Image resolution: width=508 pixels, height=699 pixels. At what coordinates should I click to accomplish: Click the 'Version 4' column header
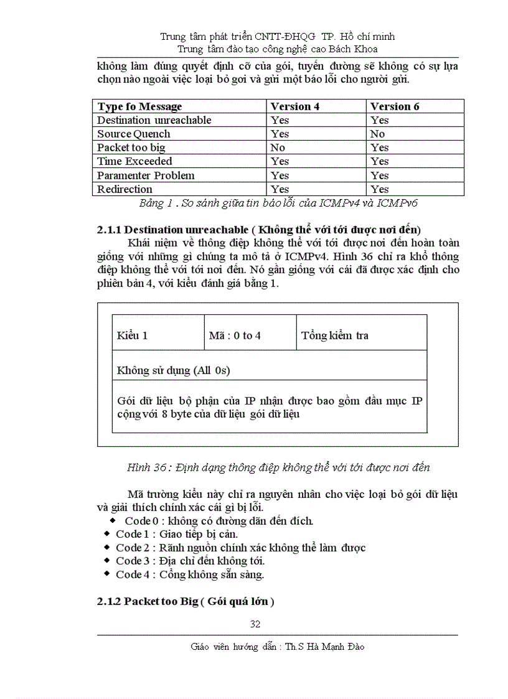[295, 106]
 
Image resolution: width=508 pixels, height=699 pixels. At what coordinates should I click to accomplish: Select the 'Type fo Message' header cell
[139, 106]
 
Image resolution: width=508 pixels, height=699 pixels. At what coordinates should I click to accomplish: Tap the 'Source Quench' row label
[133, 134]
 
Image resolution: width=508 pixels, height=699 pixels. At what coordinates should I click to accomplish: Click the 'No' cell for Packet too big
[278, 148]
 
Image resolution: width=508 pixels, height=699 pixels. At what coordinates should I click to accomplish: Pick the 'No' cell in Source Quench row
[377, 134]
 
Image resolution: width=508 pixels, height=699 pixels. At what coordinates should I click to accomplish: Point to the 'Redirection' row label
[125, 189]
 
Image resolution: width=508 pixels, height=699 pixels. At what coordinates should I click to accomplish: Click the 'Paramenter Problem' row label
[146, 176]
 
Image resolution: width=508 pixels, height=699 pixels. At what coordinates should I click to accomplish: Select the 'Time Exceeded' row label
[134, 161]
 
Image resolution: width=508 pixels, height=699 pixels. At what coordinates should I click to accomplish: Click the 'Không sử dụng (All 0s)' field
[174, 370]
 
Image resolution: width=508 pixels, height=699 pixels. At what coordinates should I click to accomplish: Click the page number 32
[255, 624]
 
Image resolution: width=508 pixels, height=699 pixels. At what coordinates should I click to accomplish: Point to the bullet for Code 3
[108, 561]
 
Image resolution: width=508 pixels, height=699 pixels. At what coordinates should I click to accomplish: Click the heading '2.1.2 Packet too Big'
[186, 602]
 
